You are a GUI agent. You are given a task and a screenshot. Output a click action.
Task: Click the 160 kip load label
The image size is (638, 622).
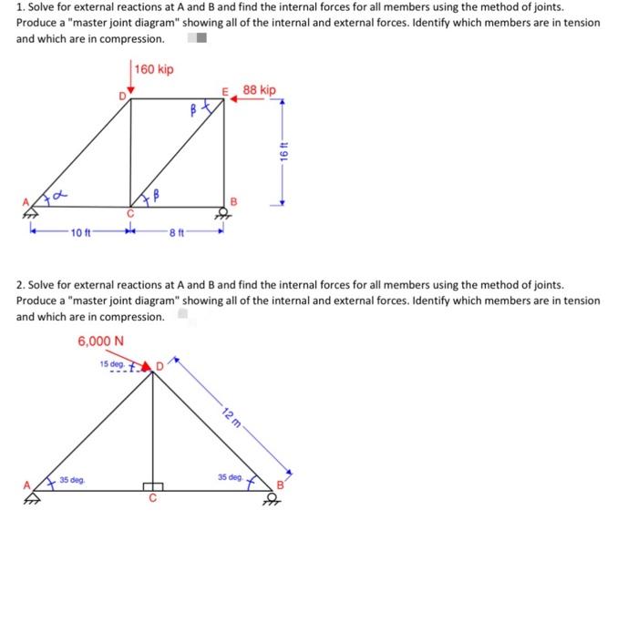[x=154, y=70]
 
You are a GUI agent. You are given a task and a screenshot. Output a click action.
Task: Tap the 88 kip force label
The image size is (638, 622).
[x=260, y=90]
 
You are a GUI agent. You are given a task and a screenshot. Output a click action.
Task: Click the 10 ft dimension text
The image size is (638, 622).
[x=80, y=232]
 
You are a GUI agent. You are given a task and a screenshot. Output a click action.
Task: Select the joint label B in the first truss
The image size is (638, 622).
[x=232, y=200]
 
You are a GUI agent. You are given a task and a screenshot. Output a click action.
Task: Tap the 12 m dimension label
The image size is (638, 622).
[x=232, y=420]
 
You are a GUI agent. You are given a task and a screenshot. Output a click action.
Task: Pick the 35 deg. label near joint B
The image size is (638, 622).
[x=230, y=476]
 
